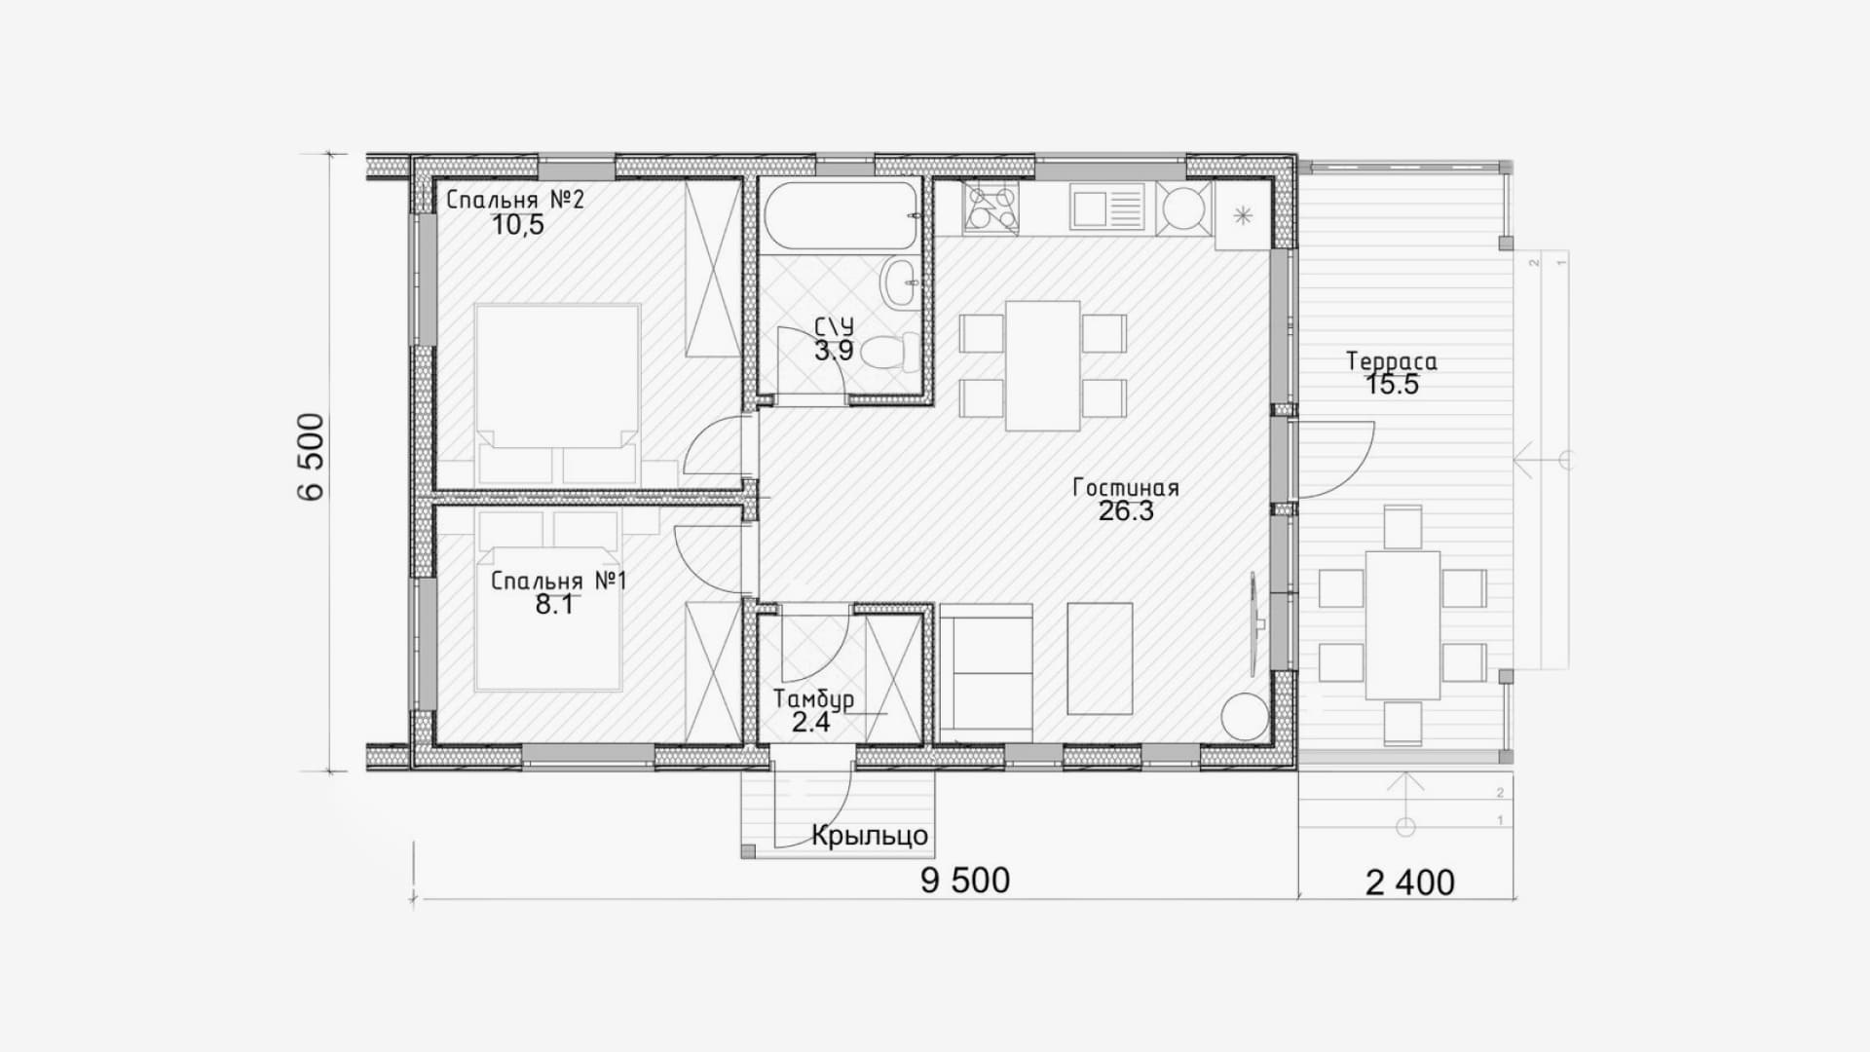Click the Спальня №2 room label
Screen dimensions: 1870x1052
(515, 201)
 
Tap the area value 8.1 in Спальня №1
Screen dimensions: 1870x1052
(553, 605)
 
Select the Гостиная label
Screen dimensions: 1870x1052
(1126, 488)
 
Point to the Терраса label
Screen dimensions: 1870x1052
(1392, 361)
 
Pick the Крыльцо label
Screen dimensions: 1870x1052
(870, 837)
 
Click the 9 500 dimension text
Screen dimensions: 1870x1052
(965, 881)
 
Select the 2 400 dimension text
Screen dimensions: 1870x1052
(1410, 883)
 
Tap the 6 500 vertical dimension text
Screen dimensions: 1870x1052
(312, 457)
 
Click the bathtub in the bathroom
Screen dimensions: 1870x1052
(841, 216)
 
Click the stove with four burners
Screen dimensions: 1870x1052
(991, 208)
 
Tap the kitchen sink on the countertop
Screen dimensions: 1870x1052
(1106, 208)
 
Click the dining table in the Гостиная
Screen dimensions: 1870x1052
(1043, 365)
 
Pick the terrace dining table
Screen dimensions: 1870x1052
(1402, 625)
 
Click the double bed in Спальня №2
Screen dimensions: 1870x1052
(558, 394)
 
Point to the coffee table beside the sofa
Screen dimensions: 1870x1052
(1100, 658)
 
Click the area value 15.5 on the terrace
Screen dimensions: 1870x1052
(1392, 385)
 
